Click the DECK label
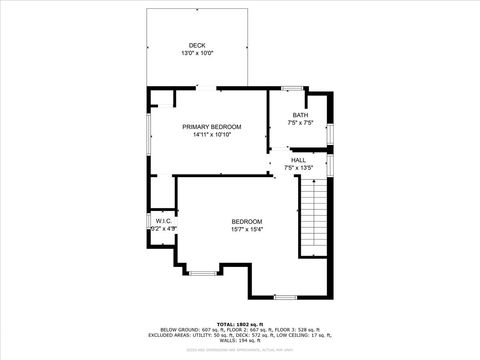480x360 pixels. (x=198, y=45)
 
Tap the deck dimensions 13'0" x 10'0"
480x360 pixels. (x=198, y=53)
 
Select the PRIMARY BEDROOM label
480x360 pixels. (x=212, y=127)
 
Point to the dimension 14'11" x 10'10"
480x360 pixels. (x=212, y=135)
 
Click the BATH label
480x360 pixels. (x=300, y=116)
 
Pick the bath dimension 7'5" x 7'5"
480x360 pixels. (x=300, y=123)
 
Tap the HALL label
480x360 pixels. (x=299, y=160)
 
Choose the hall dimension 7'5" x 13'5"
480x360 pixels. (x=299, y=167)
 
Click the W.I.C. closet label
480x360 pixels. (x=164, y=221)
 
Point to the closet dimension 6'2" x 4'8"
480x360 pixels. (x=164, y=229)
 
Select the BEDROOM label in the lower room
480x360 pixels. (x=247, y=221)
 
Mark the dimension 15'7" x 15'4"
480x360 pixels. (x=247, y=229)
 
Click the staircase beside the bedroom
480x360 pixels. (x=314, y=220)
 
